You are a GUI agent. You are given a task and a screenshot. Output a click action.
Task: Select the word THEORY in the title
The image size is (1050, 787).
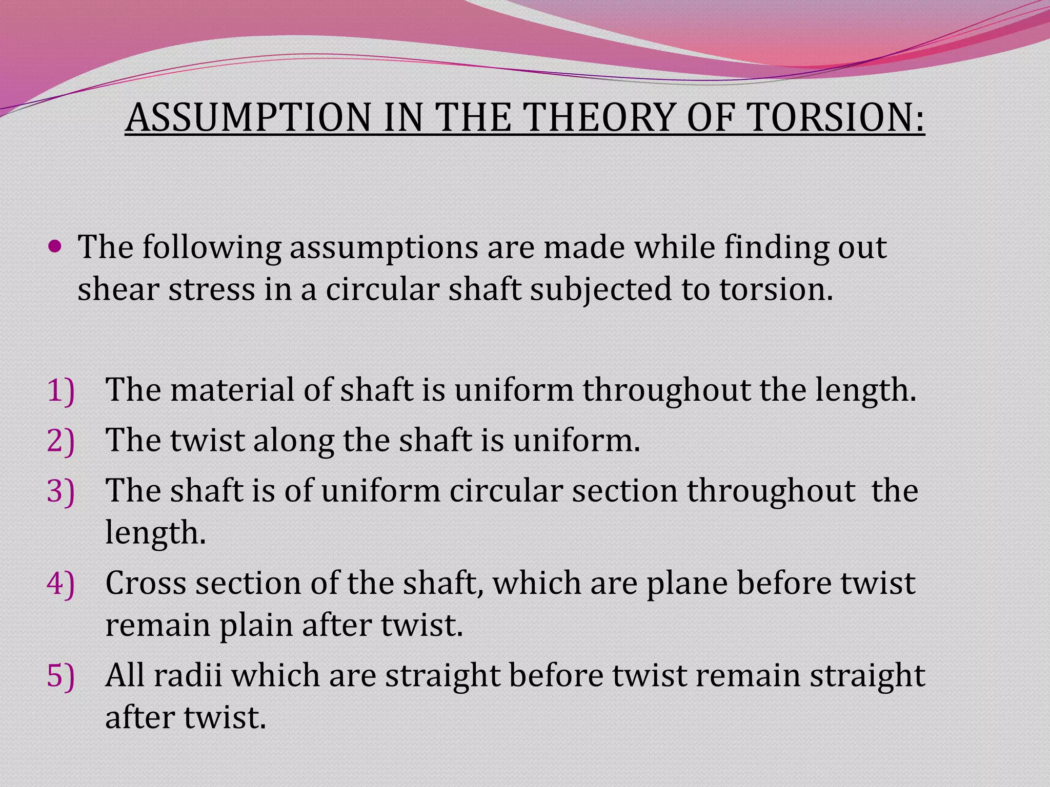coord(599,118)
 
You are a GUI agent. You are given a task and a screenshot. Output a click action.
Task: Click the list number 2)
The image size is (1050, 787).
coord(60,441)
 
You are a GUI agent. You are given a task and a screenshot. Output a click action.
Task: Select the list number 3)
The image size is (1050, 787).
coord(60,491)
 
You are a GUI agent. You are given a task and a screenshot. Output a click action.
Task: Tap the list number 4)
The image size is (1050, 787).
coord(60,584)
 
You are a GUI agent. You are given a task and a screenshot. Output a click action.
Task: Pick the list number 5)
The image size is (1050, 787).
coord(60,676)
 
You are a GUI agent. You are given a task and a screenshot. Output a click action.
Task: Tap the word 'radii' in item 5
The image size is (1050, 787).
coord(188,676)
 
